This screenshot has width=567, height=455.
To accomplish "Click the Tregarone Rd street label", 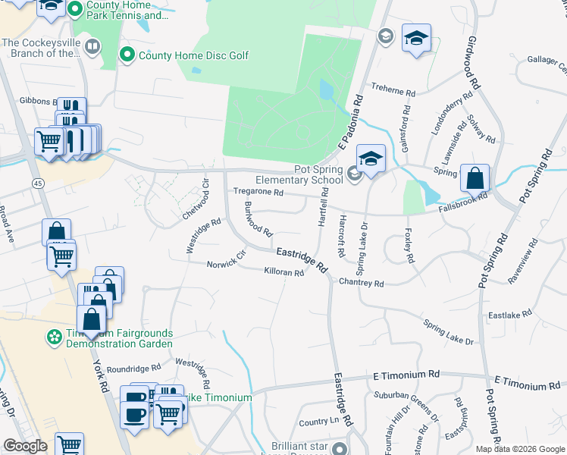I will [x=258, y=193].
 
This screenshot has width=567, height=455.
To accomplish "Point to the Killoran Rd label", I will [x=283, y=271].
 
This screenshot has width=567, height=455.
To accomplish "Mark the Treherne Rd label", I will [x=393, y=93].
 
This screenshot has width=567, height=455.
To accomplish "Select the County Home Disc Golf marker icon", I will [x=127, y=55].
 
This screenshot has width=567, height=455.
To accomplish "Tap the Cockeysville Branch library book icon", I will [x=92, y=48].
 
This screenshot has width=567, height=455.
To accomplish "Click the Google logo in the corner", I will [x=25, y=445].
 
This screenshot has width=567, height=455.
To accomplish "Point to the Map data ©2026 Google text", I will [x=519, y=449].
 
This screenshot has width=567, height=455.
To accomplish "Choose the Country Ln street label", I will [x=318, y=422].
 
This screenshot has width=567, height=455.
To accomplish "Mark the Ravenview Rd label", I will [x=523, y=262].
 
